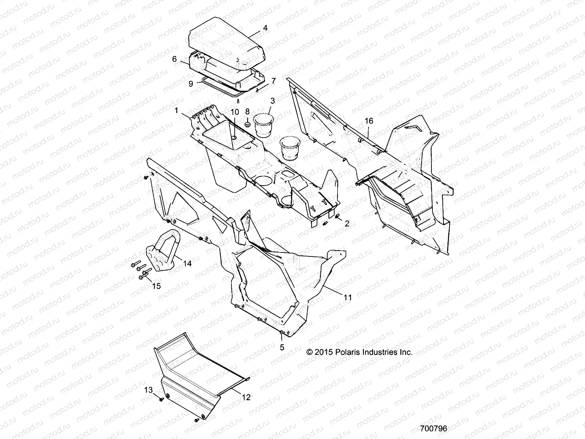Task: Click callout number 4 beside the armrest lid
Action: point(265,28)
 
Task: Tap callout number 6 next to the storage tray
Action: point(174,59)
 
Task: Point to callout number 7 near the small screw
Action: point(273,80)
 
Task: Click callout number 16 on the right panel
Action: point(369,121)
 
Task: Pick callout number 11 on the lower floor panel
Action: point(348,297)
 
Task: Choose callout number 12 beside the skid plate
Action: point(246,397)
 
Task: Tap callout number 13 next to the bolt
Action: point(148,390)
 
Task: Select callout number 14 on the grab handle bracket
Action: point(187,263)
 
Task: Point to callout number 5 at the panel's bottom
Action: point(282,348)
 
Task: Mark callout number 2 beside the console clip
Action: point(347,223)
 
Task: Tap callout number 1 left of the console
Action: point(177,110)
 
